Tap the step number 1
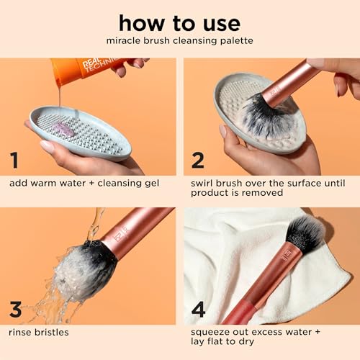click(x=14, y=159)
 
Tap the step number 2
click(x=197, y=159)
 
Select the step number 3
click(x=14, y=310)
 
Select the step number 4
click(x=198, y=310)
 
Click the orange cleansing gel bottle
click(x=86, y=70)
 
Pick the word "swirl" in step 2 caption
click(x=204, y=182)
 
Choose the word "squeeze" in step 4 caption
click(x=212, y=332)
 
